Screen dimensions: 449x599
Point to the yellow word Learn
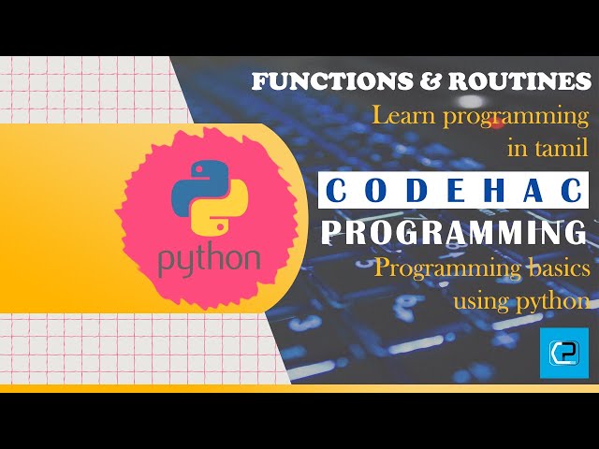[x=402, y=118]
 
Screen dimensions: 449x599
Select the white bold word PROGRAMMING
[x=453, y=232]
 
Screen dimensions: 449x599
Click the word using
[x=483, y=302]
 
